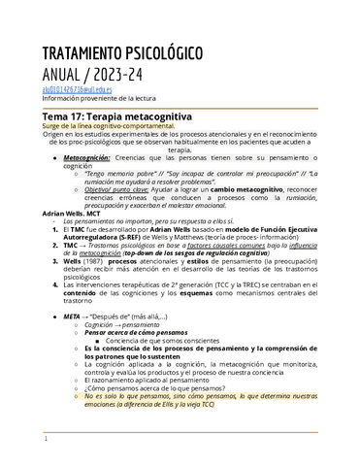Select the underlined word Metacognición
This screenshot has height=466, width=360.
92,156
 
